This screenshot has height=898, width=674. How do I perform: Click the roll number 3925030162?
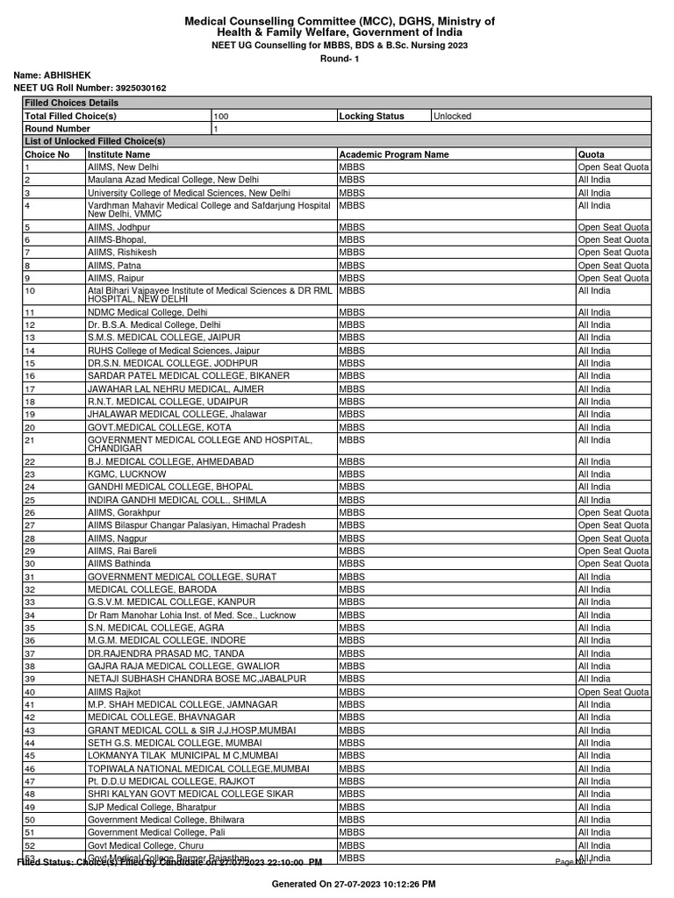click(x=140, y=89)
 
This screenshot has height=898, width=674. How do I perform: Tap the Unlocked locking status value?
click(x=452, y=116)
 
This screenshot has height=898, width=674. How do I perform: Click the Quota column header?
click(x=592, y=154)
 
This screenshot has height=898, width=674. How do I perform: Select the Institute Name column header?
click(x=118, y=154)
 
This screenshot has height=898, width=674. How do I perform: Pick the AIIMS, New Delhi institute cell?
click(x=124, y=167)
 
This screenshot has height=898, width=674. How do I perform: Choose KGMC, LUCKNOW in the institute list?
click(x=126, y=474)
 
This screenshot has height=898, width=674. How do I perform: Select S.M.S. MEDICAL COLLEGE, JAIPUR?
click(x=163, y=338)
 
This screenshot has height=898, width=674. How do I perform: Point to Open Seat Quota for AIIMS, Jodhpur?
click(x=613, y=226)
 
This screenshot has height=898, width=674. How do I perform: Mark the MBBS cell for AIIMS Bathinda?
click(x=350, y=564)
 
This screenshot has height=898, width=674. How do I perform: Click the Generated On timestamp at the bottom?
click(x=354, y=883)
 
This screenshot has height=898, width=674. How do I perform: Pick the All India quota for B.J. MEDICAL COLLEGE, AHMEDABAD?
click(x=594, y=461)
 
